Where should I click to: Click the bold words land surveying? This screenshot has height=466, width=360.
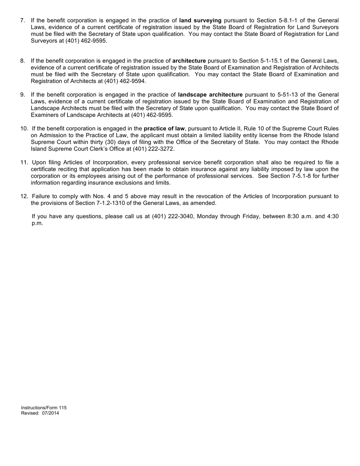coord(200,20)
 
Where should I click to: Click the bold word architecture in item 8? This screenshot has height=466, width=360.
coord(189,61)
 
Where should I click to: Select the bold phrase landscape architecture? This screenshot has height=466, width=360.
coord(210,94)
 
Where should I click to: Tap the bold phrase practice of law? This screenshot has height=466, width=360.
coord(164,128)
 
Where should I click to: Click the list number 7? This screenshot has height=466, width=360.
coord(22,20)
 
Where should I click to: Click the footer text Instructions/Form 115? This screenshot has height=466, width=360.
coord(44,408)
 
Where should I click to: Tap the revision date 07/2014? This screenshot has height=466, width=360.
coord(50,413)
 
